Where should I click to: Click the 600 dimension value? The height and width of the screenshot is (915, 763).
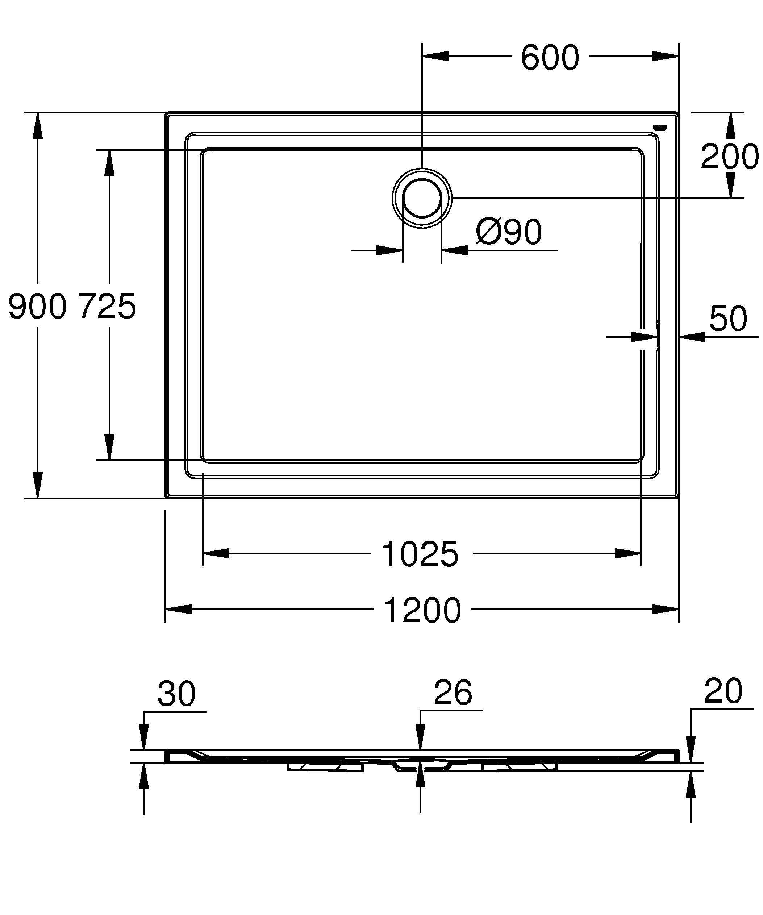(550, 58)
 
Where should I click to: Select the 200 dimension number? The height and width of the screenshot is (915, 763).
(729, 157)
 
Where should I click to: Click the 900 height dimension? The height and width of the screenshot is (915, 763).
(37, 306)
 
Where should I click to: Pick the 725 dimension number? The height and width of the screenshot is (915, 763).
(107, 306)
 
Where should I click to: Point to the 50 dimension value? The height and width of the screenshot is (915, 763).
(728, 319)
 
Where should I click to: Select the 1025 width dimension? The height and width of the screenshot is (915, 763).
(420, 554)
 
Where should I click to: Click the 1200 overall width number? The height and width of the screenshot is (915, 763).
(422, 610)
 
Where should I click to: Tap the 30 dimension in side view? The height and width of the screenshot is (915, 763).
(176, 693)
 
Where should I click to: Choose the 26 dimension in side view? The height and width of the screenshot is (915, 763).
(453, 693)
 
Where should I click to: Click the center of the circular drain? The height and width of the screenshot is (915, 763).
(422, 198)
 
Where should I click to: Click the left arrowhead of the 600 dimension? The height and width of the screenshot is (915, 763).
(435, 56)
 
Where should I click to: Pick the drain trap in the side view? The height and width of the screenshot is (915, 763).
(420, 766)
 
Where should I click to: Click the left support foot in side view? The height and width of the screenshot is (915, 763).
(325, 767)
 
